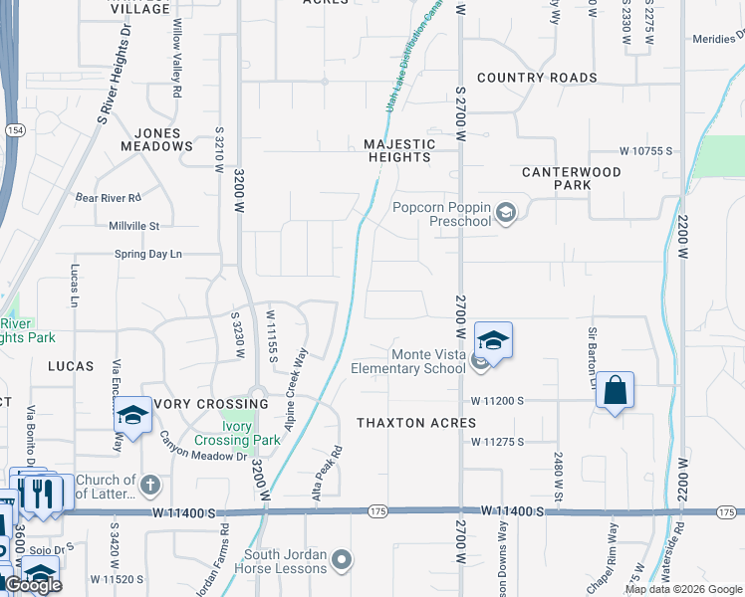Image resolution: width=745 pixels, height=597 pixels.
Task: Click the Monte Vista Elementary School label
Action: click(408, 361)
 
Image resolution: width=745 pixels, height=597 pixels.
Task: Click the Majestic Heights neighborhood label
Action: click(399, 150)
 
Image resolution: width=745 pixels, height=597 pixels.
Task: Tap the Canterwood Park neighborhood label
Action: click(572, 178)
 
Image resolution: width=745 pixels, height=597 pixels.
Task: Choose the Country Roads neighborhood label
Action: click(537, 78)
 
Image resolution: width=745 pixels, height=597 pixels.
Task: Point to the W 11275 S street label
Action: click(497, 441)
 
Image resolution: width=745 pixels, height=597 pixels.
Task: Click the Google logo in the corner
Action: click(33, 585)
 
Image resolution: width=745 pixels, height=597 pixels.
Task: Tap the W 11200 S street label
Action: click(497, 400)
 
